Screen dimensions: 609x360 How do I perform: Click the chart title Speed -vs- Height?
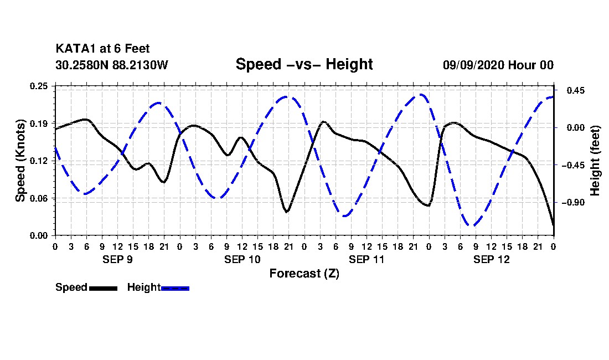[x=304, y=64]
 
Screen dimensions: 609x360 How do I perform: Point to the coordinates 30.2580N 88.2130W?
[x=112, y=65]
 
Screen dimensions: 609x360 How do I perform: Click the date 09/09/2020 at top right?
[x=473, y=65]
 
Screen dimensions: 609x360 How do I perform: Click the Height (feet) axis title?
[x=595, y=161]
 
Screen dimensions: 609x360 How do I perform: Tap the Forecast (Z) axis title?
[x=304, y=274]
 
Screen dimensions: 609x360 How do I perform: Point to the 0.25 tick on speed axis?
[x=39, y=86]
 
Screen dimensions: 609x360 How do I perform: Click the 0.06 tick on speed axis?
[x=39, y=198]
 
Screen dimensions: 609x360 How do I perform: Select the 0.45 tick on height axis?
[x=576, y=90]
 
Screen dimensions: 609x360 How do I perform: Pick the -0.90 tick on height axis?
[x=573, y=202]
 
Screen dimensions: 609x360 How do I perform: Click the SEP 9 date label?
[x=117, y=259]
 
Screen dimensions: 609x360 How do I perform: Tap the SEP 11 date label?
[x=367, y=259]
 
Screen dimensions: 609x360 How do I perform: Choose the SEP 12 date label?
[x=491, y=259]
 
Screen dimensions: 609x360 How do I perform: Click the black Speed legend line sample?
[x=103, y=288]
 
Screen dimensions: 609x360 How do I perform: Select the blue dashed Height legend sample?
[x=175, y=288]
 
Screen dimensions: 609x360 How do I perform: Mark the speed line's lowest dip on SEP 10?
[x=287, y=212]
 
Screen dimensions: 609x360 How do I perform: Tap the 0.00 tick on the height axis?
[x=576, y=128]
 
